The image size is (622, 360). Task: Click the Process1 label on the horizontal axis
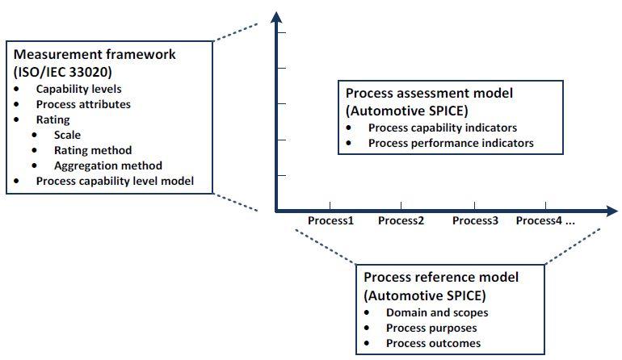coord(330,220)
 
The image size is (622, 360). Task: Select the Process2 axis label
coord(401,220)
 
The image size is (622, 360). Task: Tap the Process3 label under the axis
coord(475,220)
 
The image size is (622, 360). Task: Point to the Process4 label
coord(539,220)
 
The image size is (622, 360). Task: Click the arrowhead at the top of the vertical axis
coord(276,17)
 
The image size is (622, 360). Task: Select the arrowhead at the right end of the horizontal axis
coord(612,211)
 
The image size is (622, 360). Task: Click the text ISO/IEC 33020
coord(63,72)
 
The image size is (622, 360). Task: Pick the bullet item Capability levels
coord(78,89)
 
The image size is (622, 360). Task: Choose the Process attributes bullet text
coord(83,104)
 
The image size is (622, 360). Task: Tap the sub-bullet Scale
coord(67,135)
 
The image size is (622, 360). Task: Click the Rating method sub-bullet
coord(93,150)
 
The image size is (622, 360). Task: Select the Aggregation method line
coord(108,165)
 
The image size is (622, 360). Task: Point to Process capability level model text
coord(115,181)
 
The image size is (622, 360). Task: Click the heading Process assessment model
coord(429,93)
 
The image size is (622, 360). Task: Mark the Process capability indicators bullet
coord(443,128)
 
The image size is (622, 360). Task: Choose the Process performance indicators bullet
coord(451,143)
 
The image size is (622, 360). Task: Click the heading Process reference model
coord(441,277)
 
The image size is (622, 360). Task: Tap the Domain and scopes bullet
coord(437,312)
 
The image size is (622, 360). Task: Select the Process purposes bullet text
coord(431,328)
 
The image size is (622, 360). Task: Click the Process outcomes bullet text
coord(433,343)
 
